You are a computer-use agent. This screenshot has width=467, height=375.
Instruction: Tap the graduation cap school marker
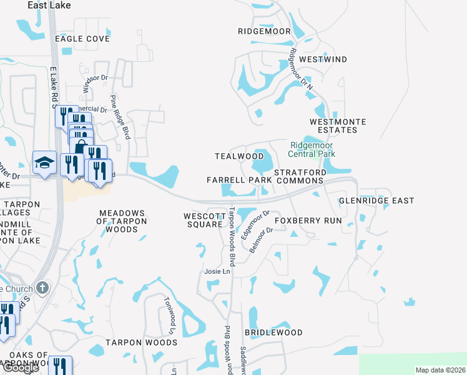pos(44,163)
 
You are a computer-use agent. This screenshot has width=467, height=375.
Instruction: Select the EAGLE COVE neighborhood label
pos(82,39)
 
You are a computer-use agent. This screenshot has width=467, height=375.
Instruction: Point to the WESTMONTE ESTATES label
pos(337,126)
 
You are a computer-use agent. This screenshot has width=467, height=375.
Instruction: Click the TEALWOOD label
pos(235,156)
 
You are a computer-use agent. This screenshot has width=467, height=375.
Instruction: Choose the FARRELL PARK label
pos(240,180)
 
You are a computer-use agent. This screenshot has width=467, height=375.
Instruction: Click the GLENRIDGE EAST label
pos(376,201)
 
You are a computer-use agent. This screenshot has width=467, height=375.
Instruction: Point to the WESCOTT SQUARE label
pos(204,221)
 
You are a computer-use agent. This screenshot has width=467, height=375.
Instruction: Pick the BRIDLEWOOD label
pos(273,332)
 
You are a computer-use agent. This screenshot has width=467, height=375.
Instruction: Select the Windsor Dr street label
pos(96,86)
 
